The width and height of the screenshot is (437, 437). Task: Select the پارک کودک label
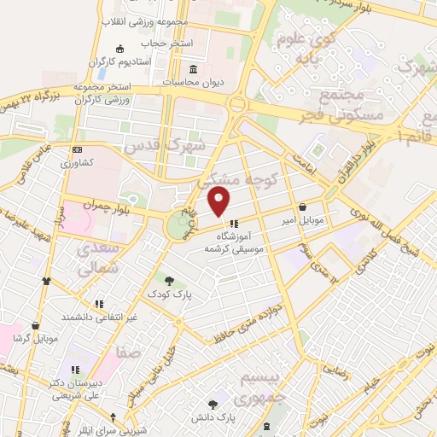(168, 294)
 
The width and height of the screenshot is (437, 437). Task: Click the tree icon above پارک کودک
(169, 279)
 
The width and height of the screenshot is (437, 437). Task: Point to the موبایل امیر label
(305, 220)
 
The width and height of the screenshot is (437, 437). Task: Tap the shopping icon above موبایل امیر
(305, 207)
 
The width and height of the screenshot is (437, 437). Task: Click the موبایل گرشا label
(35, 338)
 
